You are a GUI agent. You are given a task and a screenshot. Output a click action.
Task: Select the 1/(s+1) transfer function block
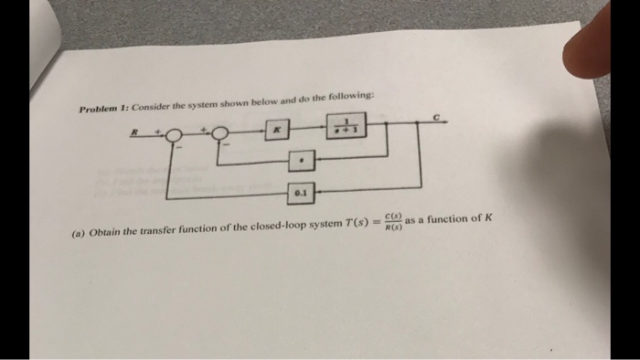coord(347,126)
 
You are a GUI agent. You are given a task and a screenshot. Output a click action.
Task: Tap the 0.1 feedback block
coord(301,194)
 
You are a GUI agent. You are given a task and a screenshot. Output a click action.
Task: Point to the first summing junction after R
coord(174,137)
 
